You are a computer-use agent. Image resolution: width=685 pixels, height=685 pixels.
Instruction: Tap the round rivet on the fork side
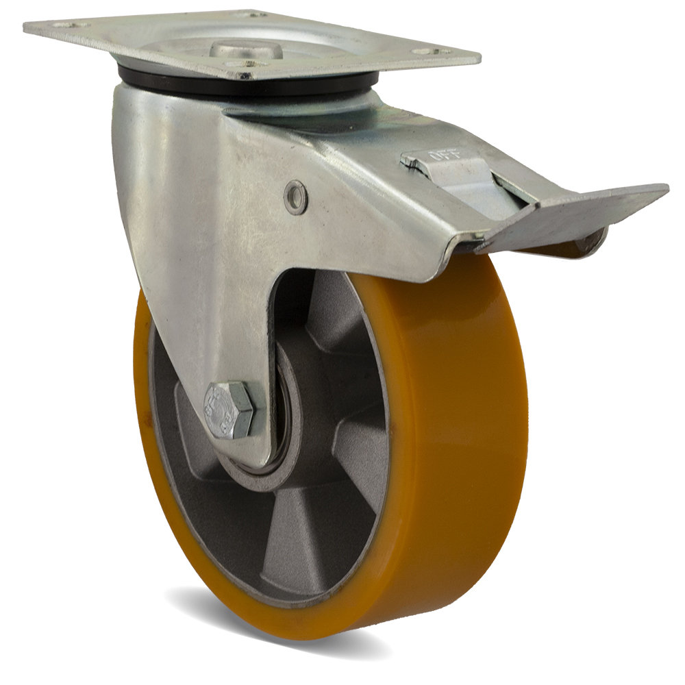(295, 197)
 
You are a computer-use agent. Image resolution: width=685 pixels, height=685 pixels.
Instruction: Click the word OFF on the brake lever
(440, 155)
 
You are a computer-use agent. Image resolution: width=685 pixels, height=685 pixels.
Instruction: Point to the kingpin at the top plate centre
(244, 49)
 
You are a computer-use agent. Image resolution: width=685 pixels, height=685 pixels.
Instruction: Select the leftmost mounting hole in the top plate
(69, 25)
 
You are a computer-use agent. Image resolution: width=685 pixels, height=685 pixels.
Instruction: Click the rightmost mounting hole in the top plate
(430, 51)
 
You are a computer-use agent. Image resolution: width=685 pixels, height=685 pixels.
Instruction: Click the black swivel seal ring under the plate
(245, 86)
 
